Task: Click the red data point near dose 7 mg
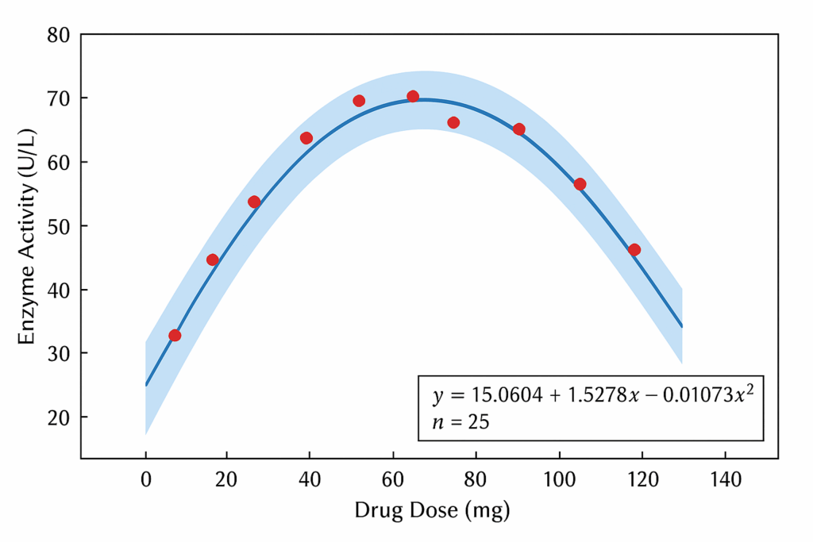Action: point(175,336)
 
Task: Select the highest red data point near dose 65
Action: point(413,97)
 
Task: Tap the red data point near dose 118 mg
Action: point(634,250)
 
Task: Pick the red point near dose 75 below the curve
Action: point(453,122)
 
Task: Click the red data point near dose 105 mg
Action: point(580,184)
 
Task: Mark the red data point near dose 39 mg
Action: point(306,138)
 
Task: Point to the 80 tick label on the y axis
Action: point(58,35)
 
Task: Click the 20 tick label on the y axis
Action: point(58,417)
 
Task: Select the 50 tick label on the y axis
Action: point(58,226)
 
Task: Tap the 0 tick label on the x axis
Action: point(146,479)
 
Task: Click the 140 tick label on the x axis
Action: point(725,479)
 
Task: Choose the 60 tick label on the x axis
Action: point(394,479)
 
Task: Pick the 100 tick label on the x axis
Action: point(559,479)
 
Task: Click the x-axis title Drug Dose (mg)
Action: point(432,510)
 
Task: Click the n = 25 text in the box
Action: point(460,421)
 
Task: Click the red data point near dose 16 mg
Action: point(213,259)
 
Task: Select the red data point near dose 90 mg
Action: point(518,129)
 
